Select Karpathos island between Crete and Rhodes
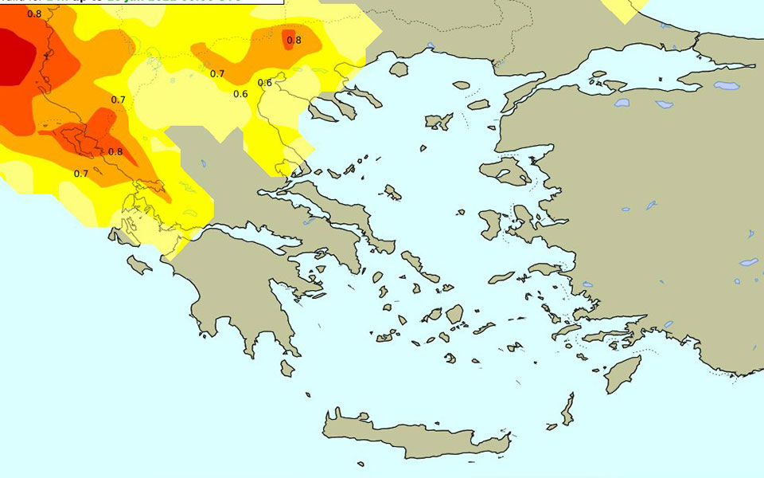567,411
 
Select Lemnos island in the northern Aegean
439,122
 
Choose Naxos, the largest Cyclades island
454,314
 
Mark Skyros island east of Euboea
392,192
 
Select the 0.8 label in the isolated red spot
294,40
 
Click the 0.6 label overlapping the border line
265,83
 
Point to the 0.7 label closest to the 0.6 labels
217,74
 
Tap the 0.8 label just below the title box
34,14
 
